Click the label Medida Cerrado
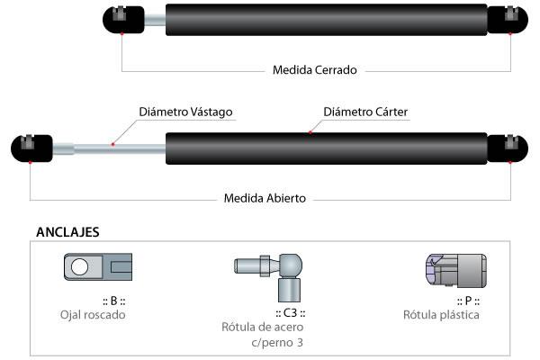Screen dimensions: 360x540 (314, 69)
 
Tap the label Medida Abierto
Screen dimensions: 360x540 (265, 198)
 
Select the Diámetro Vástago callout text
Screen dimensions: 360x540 (185, 112)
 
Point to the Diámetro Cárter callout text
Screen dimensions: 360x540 (366, 112)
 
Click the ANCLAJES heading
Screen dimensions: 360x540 (67, 231)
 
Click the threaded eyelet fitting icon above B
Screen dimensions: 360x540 (100, 266)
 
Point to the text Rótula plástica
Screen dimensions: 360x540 (442, 315)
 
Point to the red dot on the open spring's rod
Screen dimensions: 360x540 (112, 144)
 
